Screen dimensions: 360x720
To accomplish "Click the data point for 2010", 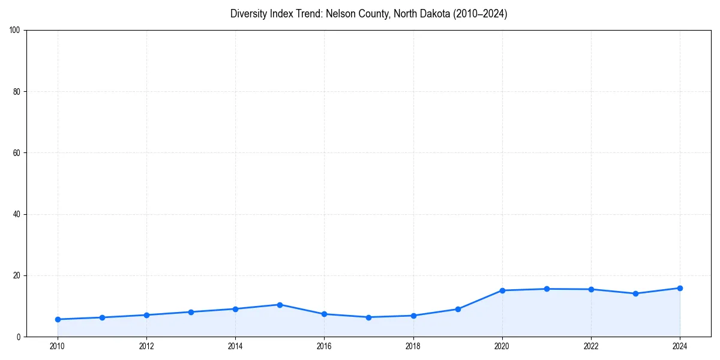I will (58, 319).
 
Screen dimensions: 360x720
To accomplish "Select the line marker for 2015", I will (280, 305).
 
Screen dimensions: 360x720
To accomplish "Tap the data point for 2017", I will (368, 317).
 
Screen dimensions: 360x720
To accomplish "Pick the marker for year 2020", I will (502, 290).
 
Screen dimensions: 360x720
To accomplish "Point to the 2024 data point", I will (680, 288).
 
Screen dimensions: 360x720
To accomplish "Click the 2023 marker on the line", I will (635, 293).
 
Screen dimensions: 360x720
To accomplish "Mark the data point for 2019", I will (458, 309).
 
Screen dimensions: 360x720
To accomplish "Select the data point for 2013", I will (191, 312).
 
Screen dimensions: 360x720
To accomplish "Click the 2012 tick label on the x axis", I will (146, 346).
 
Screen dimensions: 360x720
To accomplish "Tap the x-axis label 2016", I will (324, 346).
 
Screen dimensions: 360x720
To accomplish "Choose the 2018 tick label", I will (413, 346).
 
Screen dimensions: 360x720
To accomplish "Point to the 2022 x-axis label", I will (591, 346).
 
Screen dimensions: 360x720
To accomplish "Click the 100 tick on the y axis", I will (15, 30).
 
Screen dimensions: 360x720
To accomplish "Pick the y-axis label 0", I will (19, 337).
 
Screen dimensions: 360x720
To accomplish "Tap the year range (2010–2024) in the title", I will (480, 14).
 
